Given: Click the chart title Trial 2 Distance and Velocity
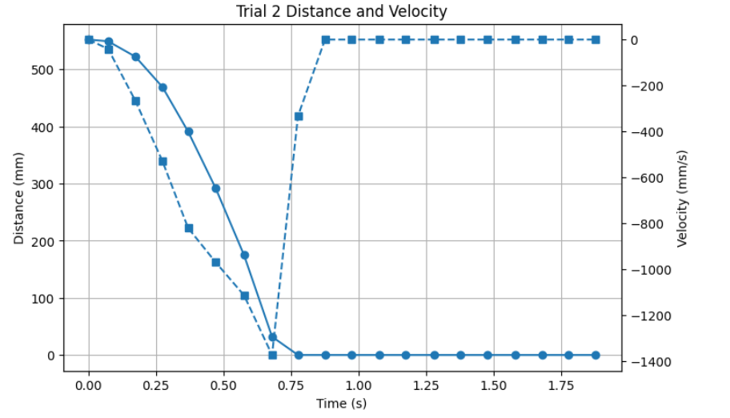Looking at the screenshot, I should pyautogui.click(x=342, y=11).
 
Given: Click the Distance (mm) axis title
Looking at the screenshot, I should pyautogui.click(x=18, y=198).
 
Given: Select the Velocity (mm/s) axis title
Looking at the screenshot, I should pyautogui.click(x=682, y=198).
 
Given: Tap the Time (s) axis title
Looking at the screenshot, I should pyautogui.click(x=342, y=403).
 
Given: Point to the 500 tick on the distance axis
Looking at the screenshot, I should pyautogui.click(x=45, y=70).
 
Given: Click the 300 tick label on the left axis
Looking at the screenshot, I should pyautogui.click(x=45, y=184).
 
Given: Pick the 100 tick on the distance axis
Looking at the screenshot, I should pyautogui.click(x=45, y=299).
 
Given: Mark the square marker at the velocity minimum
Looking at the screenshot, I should pyautogui.click(x=272, y=355).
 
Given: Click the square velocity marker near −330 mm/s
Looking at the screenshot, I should pyautogui.click(x=299, y=116).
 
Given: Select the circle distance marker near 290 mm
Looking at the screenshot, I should pyautogui.click(x=215, y=189).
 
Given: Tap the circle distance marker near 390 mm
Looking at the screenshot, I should pyautogui.click(x=189, y=131).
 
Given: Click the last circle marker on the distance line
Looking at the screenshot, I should pyautogui.click(x=596, y=355).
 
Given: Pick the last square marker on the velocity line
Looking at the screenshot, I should pyautogui.click(x=596, y=39).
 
